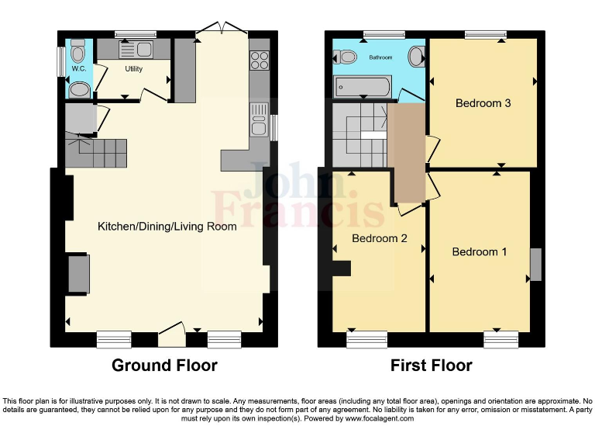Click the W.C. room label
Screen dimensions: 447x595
(78, 69)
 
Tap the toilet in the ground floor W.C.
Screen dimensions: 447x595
(77, 53)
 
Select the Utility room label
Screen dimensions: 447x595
(135, 68)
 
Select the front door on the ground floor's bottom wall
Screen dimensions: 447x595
(171, 336)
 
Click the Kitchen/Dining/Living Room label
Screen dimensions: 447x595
(167, 227)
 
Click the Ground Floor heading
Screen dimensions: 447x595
(164, 365)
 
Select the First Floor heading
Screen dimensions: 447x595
(431, 365)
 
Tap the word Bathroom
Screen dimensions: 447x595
(380, 57)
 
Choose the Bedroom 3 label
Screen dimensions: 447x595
(483, 103)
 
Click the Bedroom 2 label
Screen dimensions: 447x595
(380, 238)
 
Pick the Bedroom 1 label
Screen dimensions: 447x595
(480, 251)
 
